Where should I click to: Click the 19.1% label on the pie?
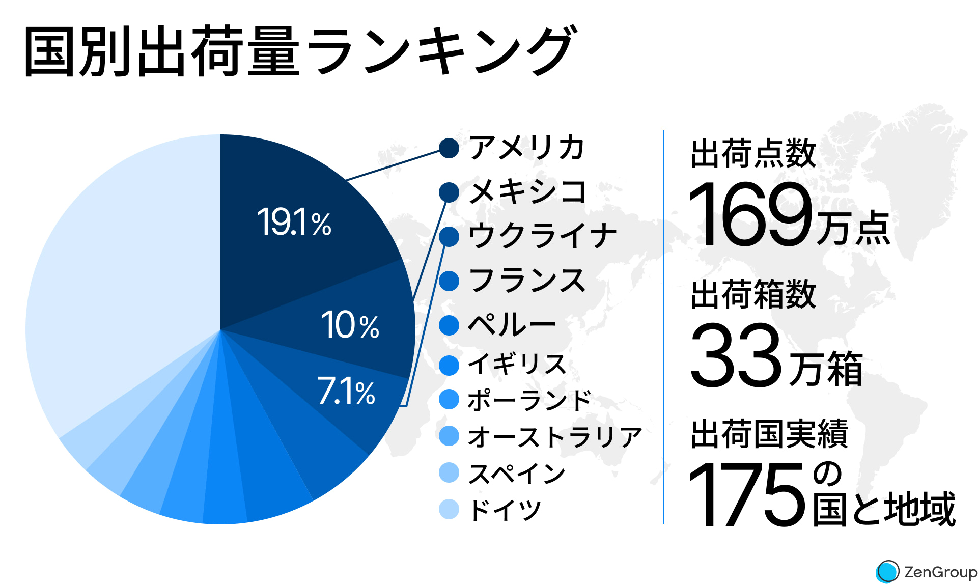(x=294, y=223)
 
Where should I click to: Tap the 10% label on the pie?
(x=350, y=325)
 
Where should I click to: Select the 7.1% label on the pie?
(x=346, y=392)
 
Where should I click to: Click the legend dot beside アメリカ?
(x=449, y=148)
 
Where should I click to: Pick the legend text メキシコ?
(x=527, y=192)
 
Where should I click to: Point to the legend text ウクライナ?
(x=542, y=236)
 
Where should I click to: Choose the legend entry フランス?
(x=527, y=281)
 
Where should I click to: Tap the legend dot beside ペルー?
(x=449, y=325)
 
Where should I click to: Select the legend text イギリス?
(x=517, y=364)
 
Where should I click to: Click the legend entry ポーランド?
(x=529, y=400)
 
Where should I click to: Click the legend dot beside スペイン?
(x=449, y=472)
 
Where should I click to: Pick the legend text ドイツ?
(x=505, y=510)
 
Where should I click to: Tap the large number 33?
(x=735, y=355)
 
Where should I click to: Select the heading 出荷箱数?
(x=753, y=294)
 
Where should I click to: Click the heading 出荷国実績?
(x=769, y=434)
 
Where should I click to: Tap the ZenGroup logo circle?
(x=888, y=571)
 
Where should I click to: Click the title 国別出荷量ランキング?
(x=300, y=51)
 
